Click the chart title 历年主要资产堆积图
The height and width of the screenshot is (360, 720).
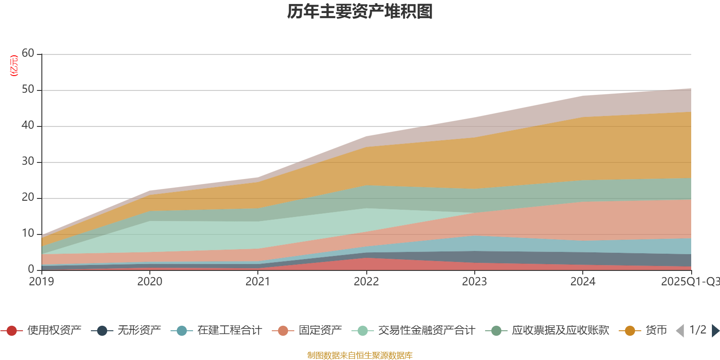360,12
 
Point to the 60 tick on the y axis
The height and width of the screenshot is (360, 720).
28,54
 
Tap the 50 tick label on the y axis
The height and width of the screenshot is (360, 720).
28,90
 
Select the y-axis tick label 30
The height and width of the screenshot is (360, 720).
28,162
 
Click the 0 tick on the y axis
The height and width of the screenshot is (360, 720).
31,269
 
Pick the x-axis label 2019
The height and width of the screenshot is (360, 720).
41,282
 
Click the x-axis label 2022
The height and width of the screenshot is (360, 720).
366,282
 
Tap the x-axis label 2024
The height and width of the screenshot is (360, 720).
583,282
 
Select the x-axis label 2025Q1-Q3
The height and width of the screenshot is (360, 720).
690,282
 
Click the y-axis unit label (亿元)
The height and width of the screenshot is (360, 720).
14,66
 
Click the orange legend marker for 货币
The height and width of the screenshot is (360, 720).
630,331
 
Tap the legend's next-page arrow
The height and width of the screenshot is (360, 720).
715,331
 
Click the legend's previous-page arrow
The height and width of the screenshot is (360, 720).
679,331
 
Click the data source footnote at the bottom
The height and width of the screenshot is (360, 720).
360,355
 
